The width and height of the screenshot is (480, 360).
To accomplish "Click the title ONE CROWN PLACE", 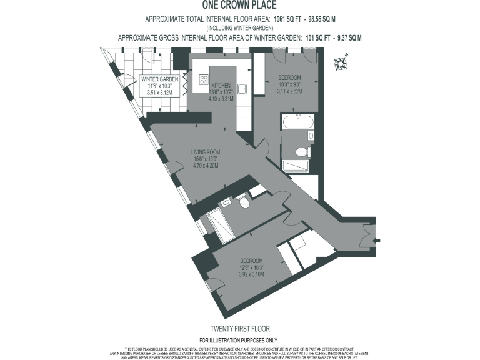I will (x=240, y=5).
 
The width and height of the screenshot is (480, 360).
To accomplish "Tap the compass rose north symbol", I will (x=342, y=61).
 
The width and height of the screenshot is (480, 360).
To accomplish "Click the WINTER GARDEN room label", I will (x=160, y=79).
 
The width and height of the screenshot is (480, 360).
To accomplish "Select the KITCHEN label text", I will (x=221, y=85).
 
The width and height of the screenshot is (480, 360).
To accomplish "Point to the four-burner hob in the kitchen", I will (x=204, y=79).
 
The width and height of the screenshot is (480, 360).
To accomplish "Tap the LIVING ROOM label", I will (x=205, y=152).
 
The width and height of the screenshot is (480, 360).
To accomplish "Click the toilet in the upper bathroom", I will (x=301, y=151).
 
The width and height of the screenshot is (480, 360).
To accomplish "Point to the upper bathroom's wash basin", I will (x=311, y=136).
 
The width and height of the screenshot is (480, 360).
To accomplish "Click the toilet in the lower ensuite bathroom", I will (x=244, y=203).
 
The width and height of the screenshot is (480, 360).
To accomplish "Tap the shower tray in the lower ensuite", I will (x=220, y=225).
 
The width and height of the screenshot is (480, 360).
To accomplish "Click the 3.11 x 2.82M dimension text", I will (x=289, y=91).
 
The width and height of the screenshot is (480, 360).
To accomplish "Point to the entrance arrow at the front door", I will (x=374, y=238).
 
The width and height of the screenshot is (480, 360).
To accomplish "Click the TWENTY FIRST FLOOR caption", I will (x=240, y=328).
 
